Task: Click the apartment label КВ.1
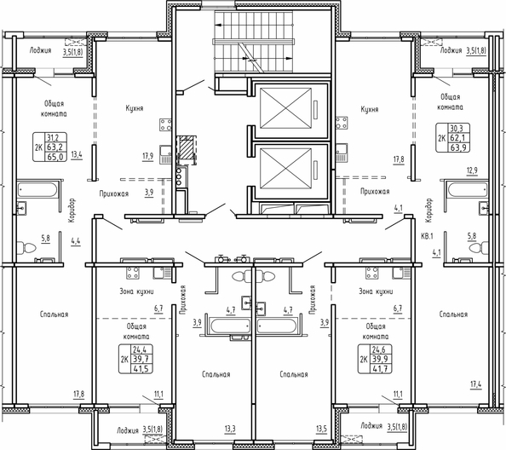(x=427, y=236)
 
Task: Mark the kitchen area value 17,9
(x=147, y=157)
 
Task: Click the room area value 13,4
(x=77, y=155)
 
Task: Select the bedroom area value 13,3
(x=230, y=428)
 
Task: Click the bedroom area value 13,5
(x=321, y=428)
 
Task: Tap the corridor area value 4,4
(x=77, y=241)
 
